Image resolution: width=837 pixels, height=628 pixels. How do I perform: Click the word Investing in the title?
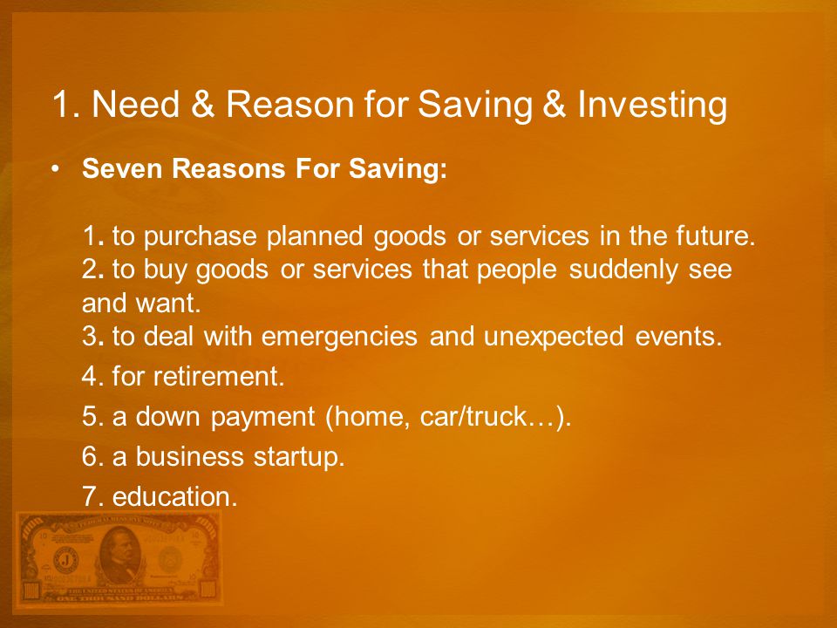(652, 104)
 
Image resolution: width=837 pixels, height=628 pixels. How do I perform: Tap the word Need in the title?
(136, 103)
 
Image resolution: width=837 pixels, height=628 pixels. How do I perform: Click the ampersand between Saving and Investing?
(555, 104)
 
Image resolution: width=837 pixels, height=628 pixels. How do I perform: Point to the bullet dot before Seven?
(55, 168)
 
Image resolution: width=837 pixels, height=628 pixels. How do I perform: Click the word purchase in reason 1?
(201, 236)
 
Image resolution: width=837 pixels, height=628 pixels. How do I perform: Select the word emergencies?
(339, 337)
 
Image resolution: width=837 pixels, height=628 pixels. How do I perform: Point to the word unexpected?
(553, 337)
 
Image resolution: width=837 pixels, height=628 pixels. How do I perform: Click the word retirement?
(219, 376)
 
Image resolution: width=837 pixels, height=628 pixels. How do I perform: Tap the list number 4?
(89, 377)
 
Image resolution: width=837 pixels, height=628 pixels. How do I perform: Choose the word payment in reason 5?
(262, 417)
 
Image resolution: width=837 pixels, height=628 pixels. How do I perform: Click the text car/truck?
(473, 416)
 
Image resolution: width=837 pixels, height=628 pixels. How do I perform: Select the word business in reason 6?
(189, 456)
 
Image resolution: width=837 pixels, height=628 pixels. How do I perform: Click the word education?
(174, 496)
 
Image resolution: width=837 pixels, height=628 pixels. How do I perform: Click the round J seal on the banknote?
(65, 560)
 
